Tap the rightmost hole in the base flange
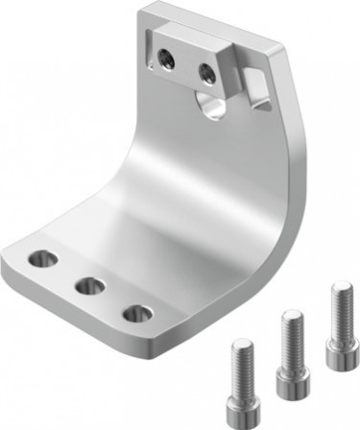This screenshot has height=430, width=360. (x=137, y=313)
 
